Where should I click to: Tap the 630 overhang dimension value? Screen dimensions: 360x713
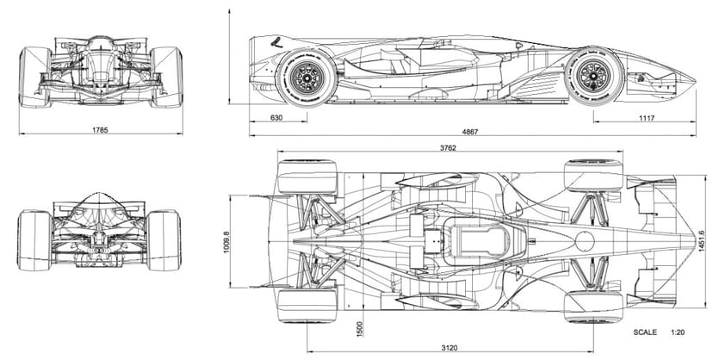tap(276, 118)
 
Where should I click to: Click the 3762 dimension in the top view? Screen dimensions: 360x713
tap(447, 147)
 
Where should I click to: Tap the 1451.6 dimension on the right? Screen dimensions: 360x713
tap(704, 232)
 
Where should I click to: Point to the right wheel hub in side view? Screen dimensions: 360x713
tap(593, 76)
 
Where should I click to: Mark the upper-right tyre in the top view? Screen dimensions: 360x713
tap(592, 176)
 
